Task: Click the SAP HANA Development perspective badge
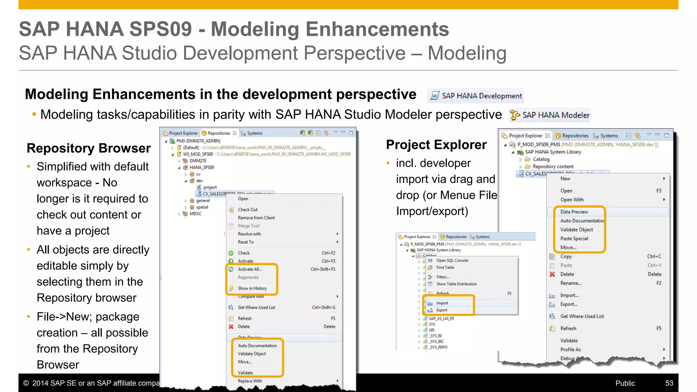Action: pos(476,96)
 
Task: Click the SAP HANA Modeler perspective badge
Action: pos(550,115)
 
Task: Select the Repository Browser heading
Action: pos(88,148)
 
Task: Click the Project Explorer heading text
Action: pos(436,145)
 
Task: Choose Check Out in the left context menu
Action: pos(248,210)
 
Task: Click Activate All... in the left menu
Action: pos(250,269)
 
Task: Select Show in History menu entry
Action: pos(252,288)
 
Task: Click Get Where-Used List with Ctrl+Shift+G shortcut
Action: pos(256,307)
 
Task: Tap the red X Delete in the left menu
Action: pos(244,327)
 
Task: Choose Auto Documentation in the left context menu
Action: pos(257,346)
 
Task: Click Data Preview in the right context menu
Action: pos(574,212)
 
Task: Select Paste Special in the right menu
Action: pos(574,239)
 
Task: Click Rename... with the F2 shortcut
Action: pos(571,283)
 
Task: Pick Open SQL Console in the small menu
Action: pos(452,261)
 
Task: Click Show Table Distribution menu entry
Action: pos(456,284)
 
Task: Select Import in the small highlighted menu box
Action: pos(442,303)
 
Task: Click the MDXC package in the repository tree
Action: pos(195,214)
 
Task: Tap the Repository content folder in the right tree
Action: pos(553,166)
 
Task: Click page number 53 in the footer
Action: pos(669,383)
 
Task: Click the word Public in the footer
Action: pos(625,383)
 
